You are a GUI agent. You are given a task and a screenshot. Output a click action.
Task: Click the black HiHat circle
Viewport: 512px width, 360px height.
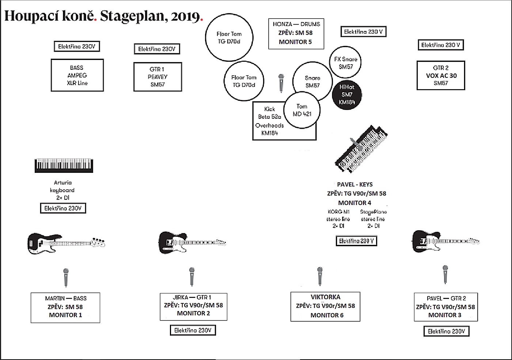click(x=347, y=95)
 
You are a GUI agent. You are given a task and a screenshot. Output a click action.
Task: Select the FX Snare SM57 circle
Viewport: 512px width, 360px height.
click(x=345, y=62)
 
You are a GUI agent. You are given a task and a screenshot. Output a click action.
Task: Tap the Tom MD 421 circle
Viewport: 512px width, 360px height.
click(x=302, y=110)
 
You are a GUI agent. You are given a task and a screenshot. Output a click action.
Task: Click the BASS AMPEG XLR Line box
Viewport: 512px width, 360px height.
click(x=77, y=75)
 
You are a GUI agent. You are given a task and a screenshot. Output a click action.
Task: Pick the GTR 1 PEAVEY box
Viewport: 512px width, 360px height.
click(x=158, y=77)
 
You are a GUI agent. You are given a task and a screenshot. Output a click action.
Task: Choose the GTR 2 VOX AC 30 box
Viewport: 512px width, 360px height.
click(x=441, y=75)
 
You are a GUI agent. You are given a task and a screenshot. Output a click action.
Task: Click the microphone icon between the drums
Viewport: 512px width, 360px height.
click(x=281, y=83)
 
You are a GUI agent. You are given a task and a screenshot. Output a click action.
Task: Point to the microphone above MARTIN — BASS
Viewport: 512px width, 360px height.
click(x=66, y=277)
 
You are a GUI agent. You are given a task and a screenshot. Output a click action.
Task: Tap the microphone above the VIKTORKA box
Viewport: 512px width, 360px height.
click(x=320, y=276)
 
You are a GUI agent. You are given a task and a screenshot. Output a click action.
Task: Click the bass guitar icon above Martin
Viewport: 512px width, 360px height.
click(x=66, y=243)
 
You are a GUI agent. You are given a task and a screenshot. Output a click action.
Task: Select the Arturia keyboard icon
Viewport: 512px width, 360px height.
click(x=64, y=165)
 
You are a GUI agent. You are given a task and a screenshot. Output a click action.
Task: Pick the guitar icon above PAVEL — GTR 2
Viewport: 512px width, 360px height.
click(x=445, y=241)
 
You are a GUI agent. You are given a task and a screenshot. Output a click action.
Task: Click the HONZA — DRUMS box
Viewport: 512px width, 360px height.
click(x=296, y=34)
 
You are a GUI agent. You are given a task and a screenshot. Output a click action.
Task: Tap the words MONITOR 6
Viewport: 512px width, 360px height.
click(x=327, y=315)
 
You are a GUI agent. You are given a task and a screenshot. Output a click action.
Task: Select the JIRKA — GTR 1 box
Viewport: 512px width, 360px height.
click(x=193, y=306)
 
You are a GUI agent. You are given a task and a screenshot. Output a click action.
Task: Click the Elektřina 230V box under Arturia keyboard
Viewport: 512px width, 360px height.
click(x=63, y=208)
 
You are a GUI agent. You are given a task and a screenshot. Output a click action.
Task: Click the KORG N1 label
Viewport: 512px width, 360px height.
click(x=338, y=212)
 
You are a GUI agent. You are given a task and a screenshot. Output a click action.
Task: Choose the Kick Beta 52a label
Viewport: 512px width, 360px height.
click(x=270, y=113)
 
